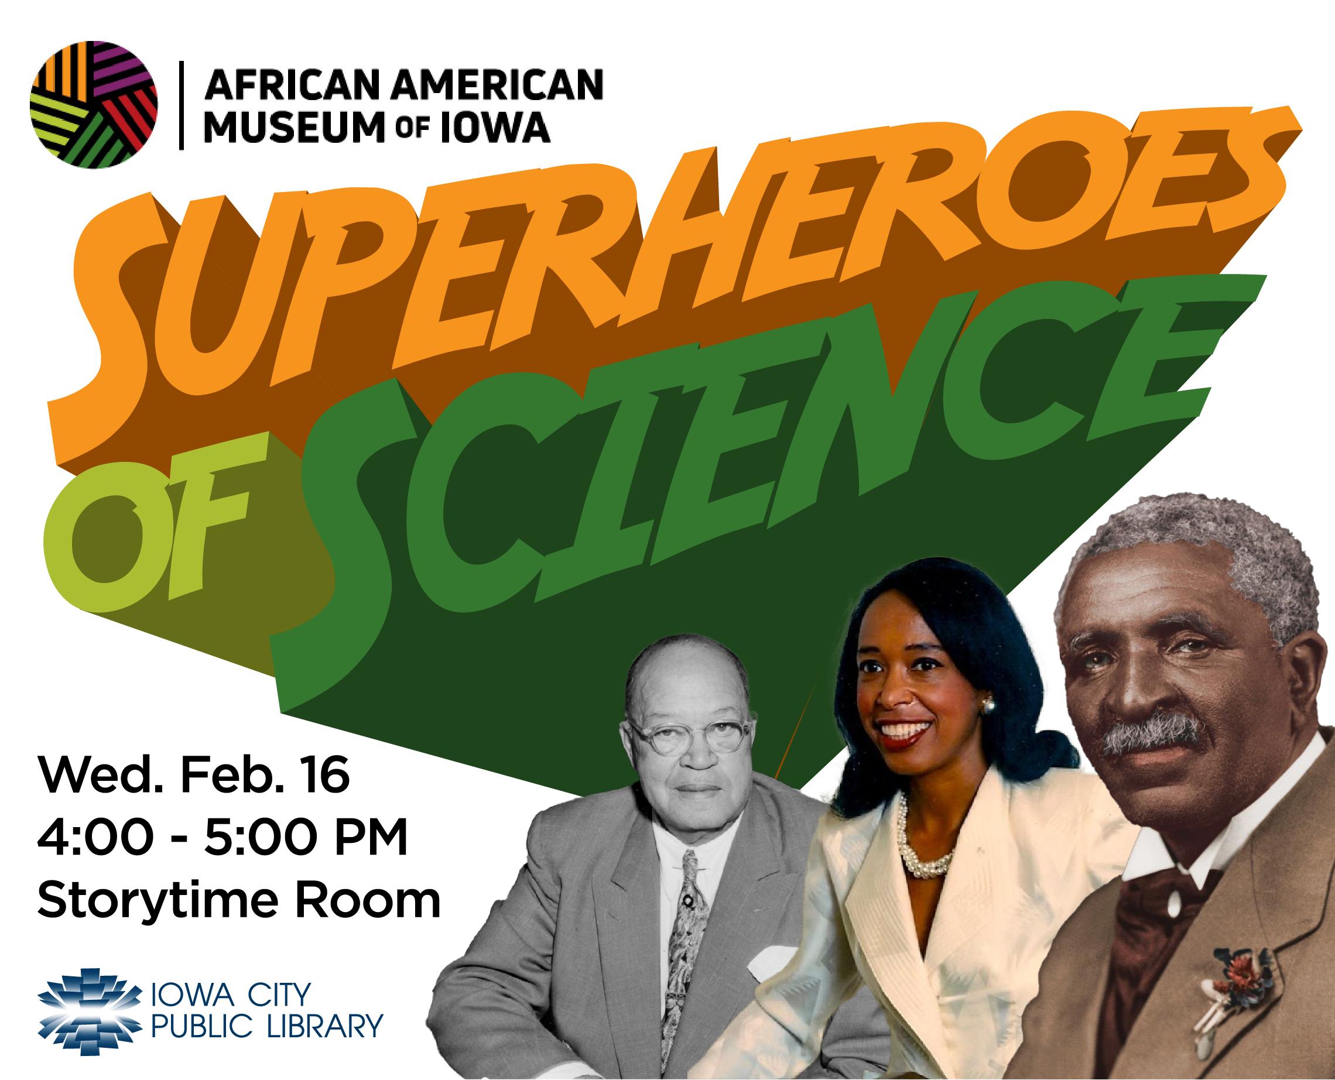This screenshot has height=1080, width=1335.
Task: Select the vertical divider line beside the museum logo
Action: pyautogui.click(x=180, y=105)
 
